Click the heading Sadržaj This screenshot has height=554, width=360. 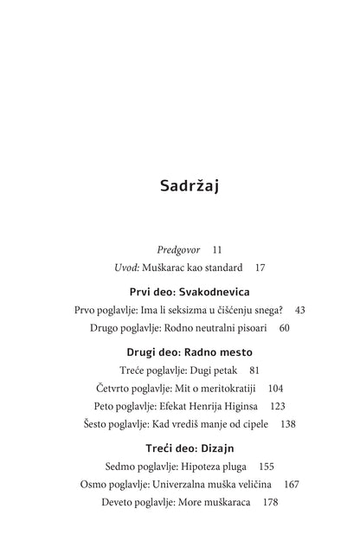pos(179,186)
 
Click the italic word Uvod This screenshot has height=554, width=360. pos(126,268)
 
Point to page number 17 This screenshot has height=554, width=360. pos(260,268)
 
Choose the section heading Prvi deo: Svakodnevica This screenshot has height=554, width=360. pos(179,292)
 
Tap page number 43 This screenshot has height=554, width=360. pos(299,309)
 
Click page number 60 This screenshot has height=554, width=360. pos(284,328)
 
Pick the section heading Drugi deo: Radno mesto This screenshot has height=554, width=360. pos(179,352)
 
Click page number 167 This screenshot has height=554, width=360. pos(291,484)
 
